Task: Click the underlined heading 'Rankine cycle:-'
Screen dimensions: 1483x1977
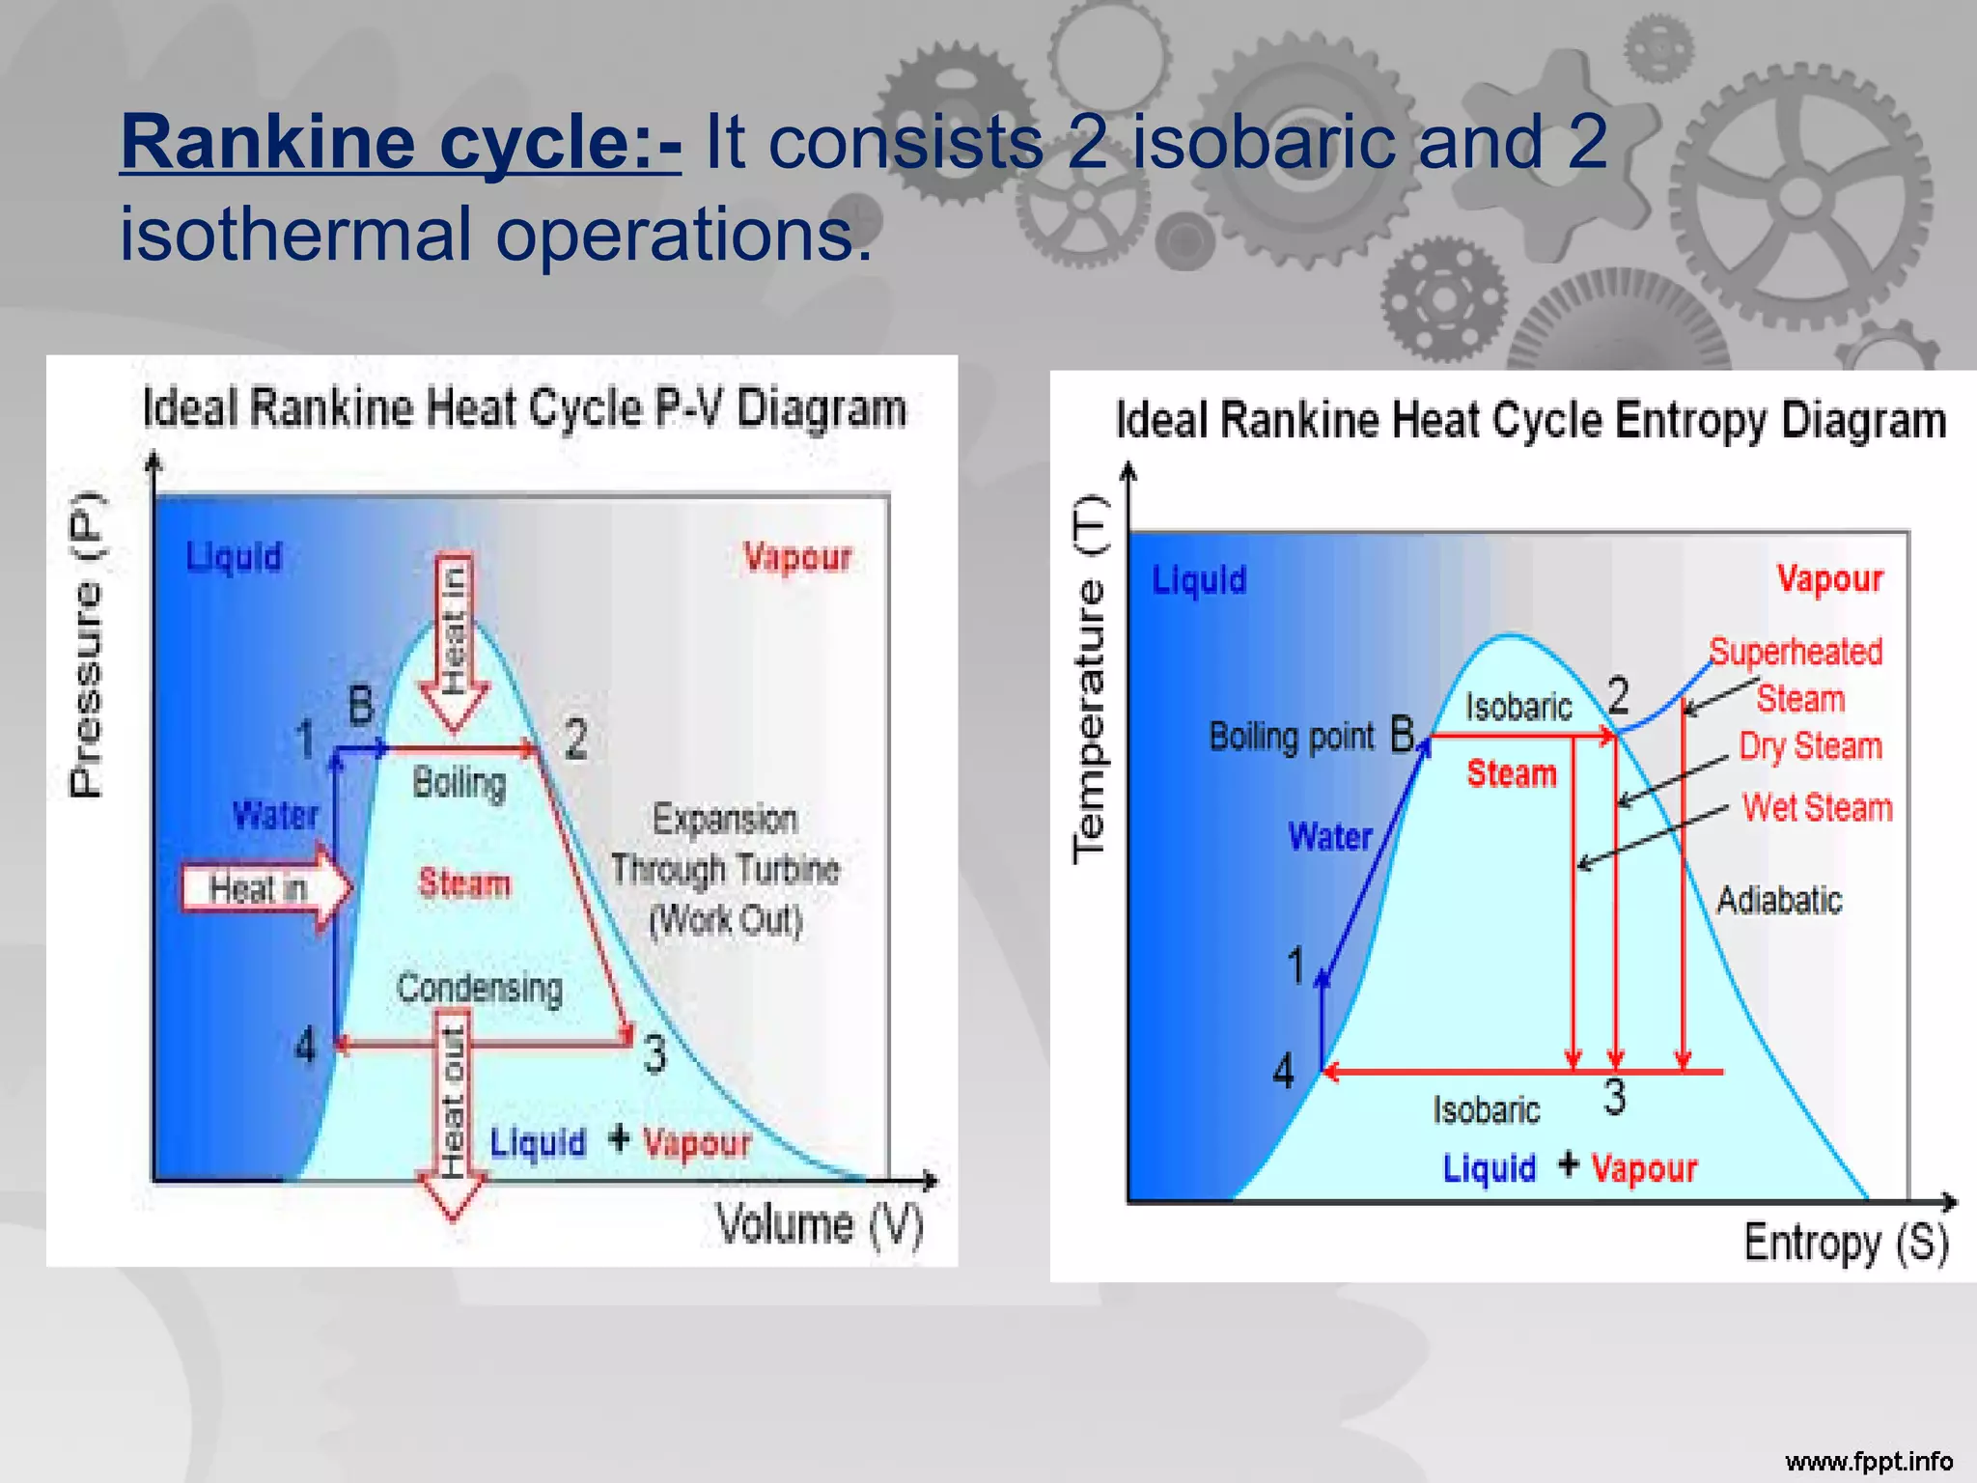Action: pos(401,143)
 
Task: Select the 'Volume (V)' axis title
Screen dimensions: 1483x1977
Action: pos(819,1224)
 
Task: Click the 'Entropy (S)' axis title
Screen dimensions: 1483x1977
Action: pos(1845,1242)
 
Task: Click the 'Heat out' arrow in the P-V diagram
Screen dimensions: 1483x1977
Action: pos(452,1110)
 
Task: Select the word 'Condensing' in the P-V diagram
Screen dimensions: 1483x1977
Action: pos(479,988)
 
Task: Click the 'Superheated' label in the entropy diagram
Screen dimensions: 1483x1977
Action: pos(1796,652)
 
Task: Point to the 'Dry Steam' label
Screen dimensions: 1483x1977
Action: pos(1810,746)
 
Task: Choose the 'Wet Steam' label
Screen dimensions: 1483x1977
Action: pos(1817,808)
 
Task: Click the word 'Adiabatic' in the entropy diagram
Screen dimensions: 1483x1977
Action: pos(1778,900)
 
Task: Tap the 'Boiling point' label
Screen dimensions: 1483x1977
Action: pos(1291,737)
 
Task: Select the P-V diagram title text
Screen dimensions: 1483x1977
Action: pos(524,408)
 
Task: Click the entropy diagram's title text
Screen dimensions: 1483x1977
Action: pos(1530,421)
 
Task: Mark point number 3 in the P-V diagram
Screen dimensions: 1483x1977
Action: pos(654,1053)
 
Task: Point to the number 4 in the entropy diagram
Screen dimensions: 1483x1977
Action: pos(1283,1071)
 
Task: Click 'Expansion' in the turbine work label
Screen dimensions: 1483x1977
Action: pos(724,820)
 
